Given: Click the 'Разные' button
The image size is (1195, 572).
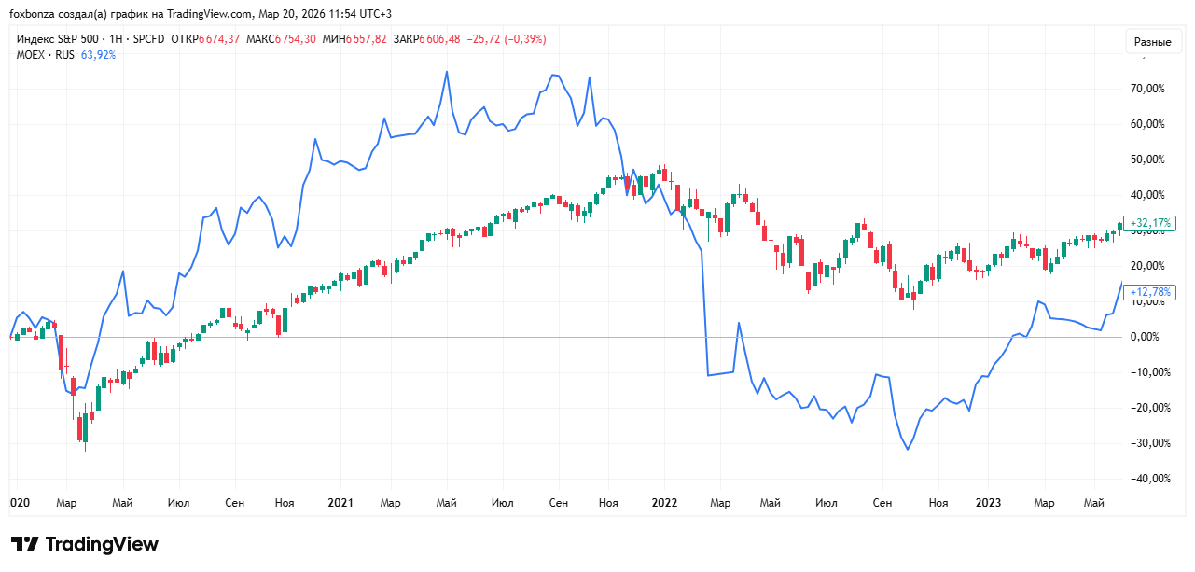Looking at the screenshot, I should pos(1152,42).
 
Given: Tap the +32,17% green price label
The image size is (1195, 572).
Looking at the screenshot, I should pos(1149,224).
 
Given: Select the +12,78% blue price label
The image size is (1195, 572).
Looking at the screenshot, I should pos(1149,292).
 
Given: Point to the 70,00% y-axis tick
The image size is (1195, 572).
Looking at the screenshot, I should pos(1146,89).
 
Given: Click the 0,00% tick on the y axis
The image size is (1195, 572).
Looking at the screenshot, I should pos(1148,337).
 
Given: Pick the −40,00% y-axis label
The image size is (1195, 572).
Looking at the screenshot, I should pos(1146,479).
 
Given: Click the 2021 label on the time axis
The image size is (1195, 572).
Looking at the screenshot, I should pos(340,503).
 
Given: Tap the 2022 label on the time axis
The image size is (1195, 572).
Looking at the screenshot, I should pos(664,503).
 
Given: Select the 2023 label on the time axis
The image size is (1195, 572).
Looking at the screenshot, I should pos(988,503).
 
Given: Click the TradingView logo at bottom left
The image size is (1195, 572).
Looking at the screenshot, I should pos(85,544).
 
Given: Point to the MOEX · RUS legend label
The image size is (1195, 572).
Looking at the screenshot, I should pos(46,55).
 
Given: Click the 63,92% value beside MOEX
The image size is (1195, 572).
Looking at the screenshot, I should pos(99,55).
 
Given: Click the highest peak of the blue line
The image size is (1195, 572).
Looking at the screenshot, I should pos(447,72).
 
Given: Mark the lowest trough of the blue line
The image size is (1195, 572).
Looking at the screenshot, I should pos(907,449).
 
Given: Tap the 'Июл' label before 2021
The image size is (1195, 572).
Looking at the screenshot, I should pos(178,503).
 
